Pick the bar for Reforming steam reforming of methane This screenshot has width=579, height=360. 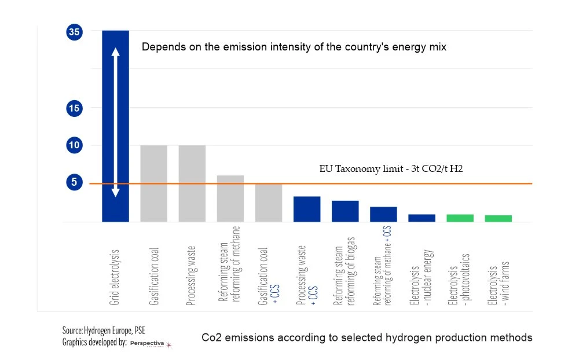tap(230, 199)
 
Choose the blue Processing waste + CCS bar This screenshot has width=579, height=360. tap(307, 209)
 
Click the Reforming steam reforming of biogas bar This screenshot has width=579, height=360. tap(345, 211)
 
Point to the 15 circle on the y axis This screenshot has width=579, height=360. tap(75, 108)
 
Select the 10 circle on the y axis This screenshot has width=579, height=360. tap(75, 145)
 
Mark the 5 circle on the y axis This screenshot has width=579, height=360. tap(75, 182)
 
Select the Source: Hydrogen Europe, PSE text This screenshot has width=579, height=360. tap(97, 330)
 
